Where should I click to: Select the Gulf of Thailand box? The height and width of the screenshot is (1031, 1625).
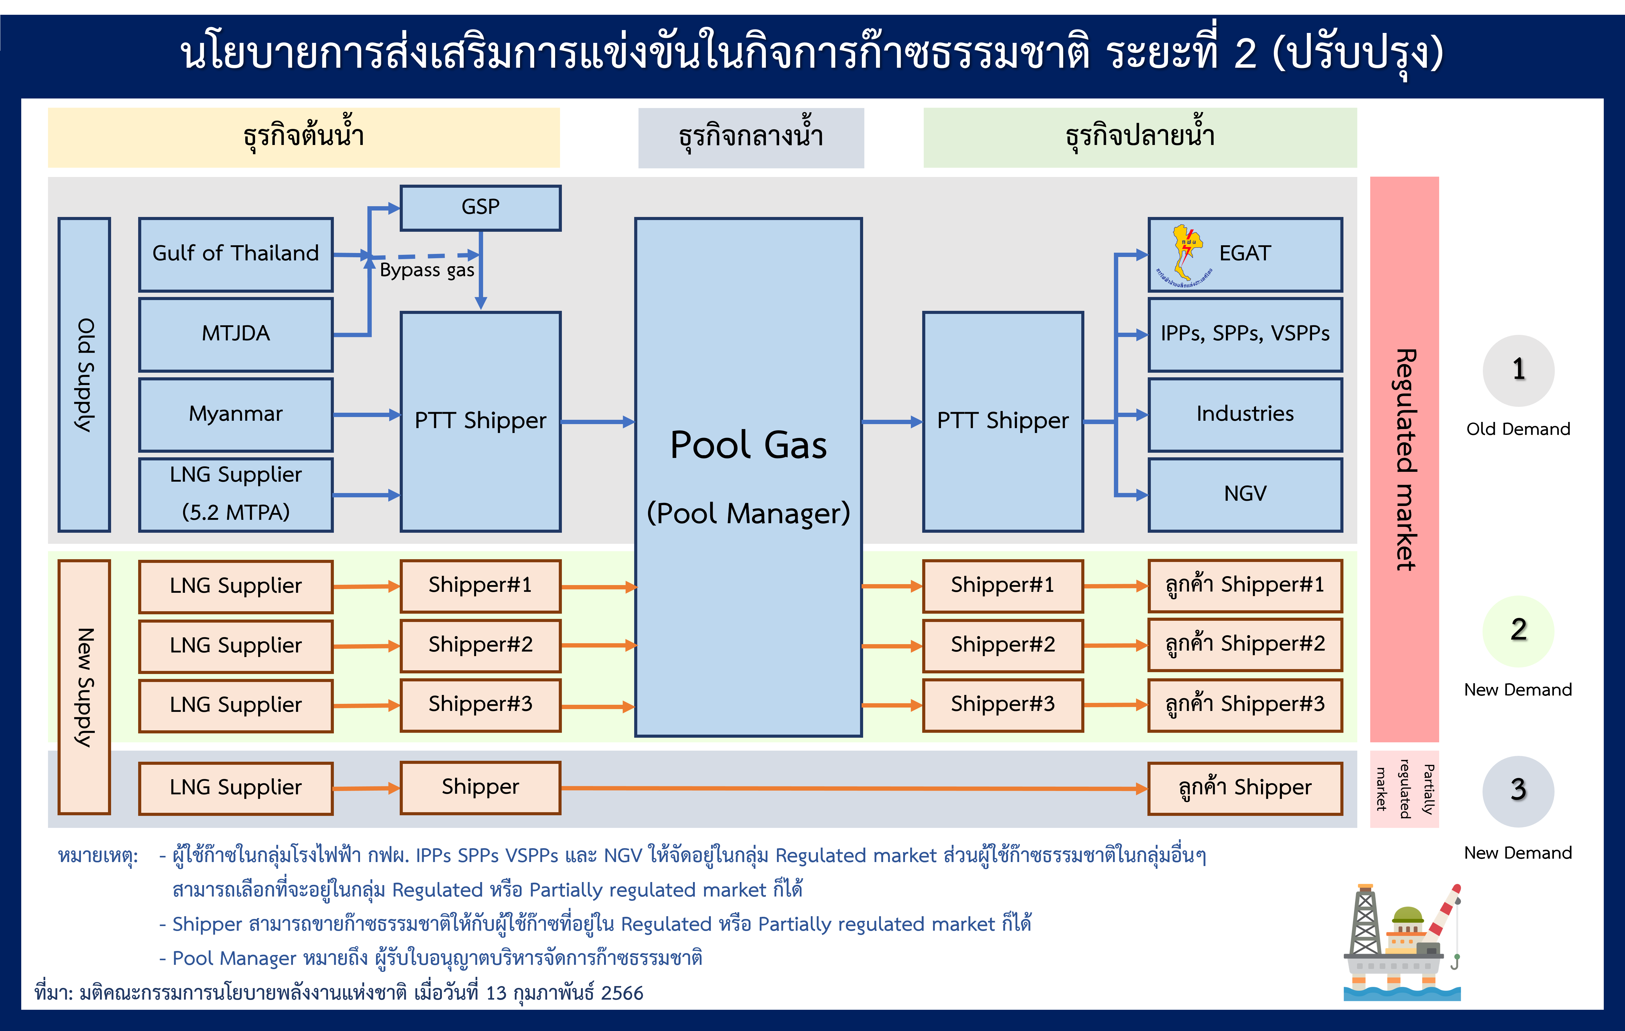coord(235,255)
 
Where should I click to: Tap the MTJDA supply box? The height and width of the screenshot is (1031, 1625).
coord(235,334)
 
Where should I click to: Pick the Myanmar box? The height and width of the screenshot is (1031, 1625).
coord(235,414)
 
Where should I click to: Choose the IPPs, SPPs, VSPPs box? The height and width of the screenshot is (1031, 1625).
coord(1245,334)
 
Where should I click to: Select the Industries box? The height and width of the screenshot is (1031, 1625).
coord(1245,414)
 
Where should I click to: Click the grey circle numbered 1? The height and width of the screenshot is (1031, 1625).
coord(1518,371)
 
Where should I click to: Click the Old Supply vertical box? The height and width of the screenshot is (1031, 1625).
coord(84,375)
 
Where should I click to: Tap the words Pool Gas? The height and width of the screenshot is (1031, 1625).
coord(748,445)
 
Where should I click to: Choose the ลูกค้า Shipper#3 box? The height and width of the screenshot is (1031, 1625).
coord(1245,705)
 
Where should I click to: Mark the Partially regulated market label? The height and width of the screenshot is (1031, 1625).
coord(1404,789)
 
